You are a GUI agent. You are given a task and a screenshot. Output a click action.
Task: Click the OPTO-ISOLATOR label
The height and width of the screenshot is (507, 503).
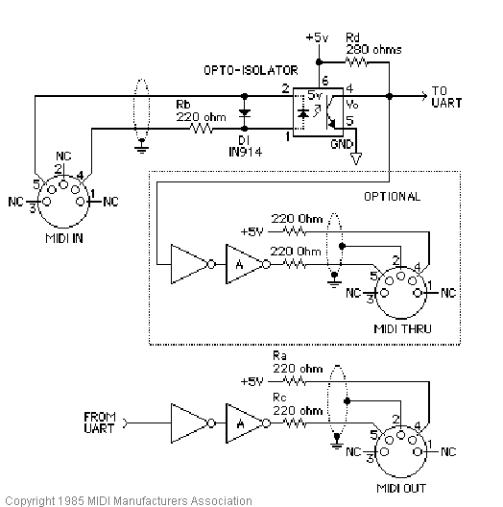(251, 71)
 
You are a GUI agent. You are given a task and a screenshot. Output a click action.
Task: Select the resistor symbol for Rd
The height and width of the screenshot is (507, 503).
(357, 62)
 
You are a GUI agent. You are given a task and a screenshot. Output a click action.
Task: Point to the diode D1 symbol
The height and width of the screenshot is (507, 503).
(245, 112)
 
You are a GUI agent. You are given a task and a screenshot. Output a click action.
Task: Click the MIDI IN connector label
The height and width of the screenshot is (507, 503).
(62, 237)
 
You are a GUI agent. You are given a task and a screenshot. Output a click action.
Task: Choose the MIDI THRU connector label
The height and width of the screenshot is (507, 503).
(401, 329)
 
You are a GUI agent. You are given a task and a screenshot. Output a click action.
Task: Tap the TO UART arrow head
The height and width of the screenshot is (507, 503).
(424, 95)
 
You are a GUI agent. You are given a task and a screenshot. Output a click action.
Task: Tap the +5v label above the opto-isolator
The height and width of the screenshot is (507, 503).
(315, 37)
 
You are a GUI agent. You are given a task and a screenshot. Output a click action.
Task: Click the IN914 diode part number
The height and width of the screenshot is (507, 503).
(247, 151)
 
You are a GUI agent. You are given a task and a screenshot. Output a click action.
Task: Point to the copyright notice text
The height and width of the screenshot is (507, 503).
(127, 499)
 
